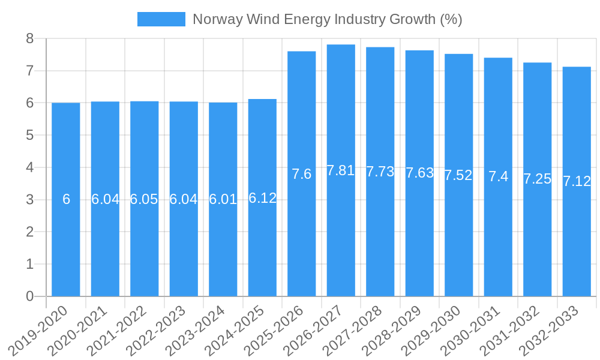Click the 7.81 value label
(x=341, y=170)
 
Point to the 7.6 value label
(x=302, y=174)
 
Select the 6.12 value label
(x=262, y=198)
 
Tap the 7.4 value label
(x=498, y=176)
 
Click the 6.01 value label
(x=223, y=200)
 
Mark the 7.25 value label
(x=537, y=179)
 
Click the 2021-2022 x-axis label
(x=124, y=330)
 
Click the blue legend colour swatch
(x=161, y=19)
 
